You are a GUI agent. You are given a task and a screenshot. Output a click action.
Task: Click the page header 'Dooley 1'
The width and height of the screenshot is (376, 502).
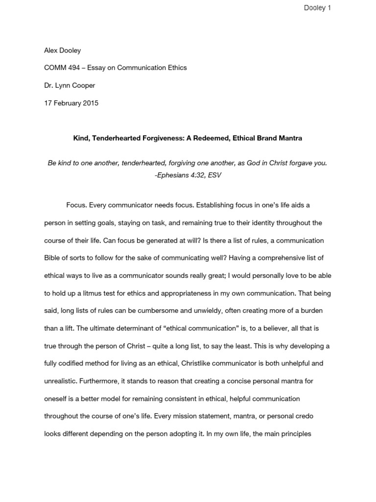[x=317, y=8]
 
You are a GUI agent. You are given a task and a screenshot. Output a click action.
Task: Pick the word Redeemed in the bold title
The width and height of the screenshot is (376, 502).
[x=218, y=138]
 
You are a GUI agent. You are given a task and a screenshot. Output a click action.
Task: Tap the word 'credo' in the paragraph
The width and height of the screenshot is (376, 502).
[x=303, y=416]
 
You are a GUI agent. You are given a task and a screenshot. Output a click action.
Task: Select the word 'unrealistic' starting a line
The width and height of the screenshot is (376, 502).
[x=60, y=381]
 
